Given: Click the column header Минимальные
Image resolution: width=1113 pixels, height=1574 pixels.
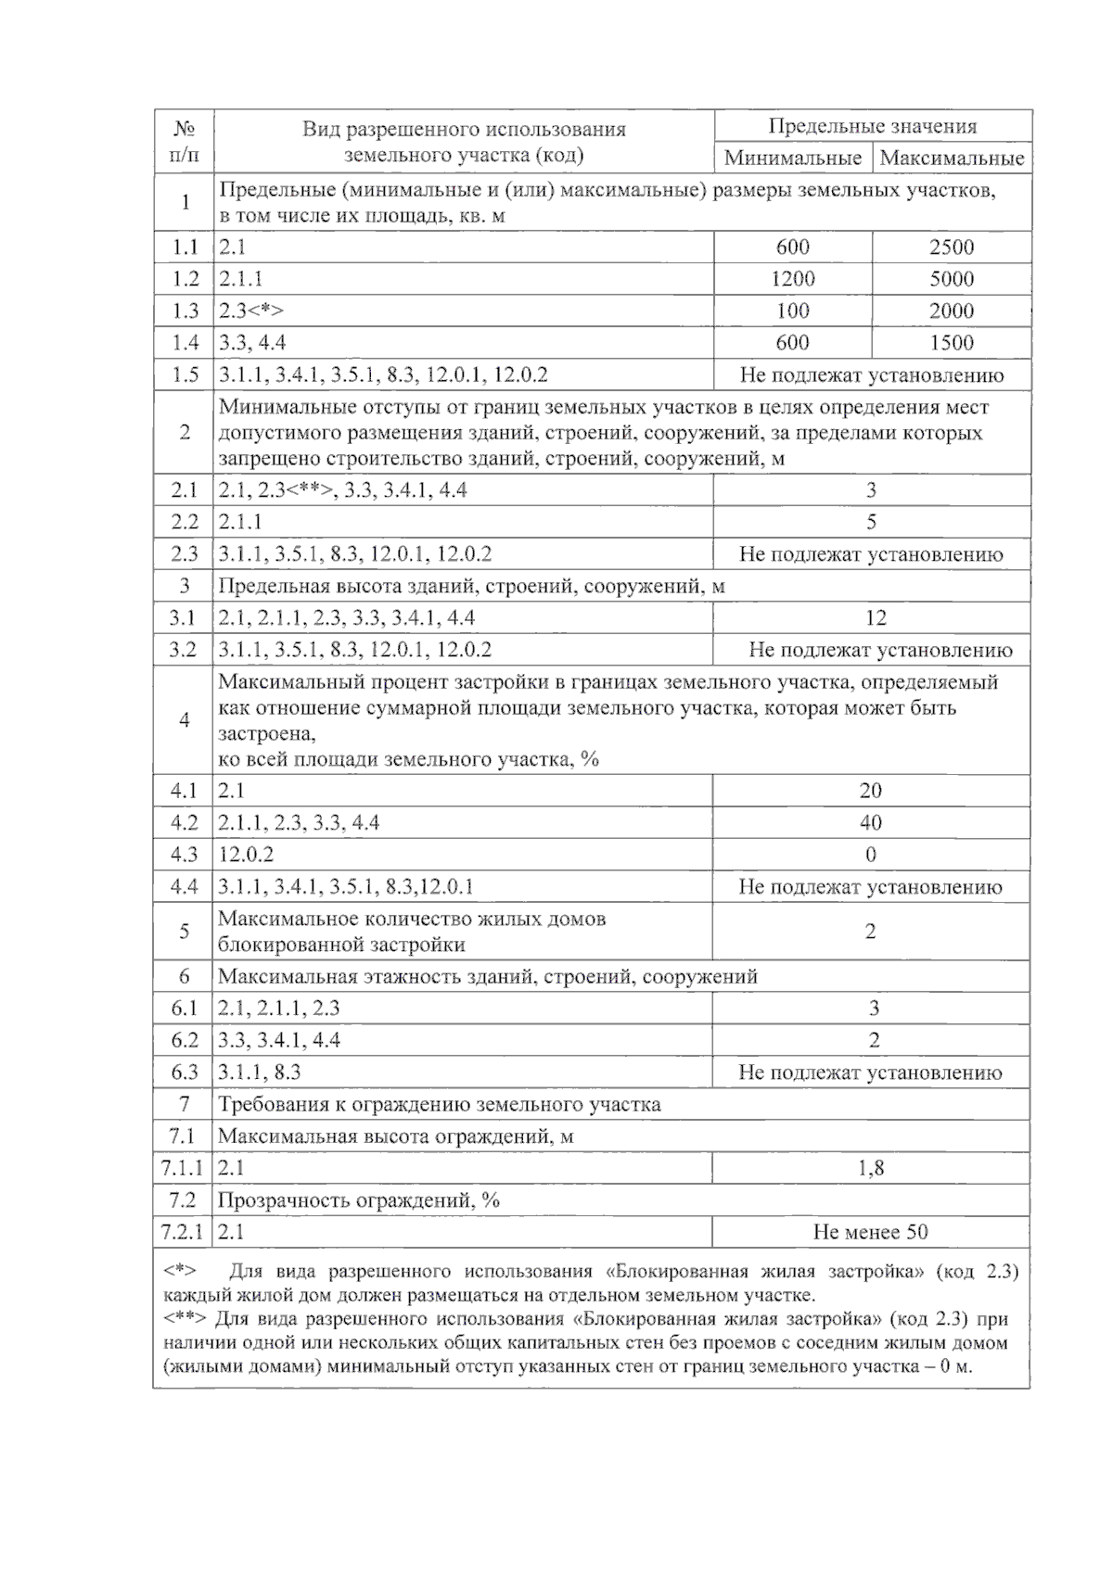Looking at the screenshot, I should (792, 158).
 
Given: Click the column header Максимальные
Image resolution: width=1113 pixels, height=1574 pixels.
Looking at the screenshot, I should (952, 158).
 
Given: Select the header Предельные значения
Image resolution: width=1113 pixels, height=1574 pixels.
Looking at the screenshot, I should (872, 126).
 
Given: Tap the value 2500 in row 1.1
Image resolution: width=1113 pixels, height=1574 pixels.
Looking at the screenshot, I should (952, 248).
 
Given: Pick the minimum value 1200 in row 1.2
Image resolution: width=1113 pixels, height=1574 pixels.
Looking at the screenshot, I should (792, 279).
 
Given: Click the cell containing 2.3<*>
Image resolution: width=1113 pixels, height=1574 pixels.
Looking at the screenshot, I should (251, 311).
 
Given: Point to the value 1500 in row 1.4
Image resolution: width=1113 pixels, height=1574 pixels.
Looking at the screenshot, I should (952, 343).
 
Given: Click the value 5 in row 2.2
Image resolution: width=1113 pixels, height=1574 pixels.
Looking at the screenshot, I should (871, 522).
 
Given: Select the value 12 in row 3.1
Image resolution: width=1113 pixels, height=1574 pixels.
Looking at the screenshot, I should (875, 618).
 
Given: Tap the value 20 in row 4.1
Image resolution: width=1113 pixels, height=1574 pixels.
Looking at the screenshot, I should (870, 791).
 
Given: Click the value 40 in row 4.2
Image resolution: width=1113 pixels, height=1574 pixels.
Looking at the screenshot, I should (870, 823).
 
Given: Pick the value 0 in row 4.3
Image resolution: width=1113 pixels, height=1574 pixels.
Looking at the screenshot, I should (870, 855).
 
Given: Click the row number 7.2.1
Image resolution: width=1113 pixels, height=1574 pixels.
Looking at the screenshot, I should (182, 1232).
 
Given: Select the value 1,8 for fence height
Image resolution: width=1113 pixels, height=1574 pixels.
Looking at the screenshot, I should (871, 1168).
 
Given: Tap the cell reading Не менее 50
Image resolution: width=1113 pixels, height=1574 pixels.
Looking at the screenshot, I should (870, 1232).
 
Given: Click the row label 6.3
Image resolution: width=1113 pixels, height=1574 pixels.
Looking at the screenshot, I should (184, 1073).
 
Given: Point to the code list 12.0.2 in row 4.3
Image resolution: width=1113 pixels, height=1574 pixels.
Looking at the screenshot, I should (246, 855).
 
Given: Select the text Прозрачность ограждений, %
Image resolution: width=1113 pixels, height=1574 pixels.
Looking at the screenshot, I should (358, 1200).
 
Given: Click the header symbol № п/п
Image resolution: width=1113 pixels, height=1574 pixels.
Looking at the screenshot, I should (184, 142).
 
